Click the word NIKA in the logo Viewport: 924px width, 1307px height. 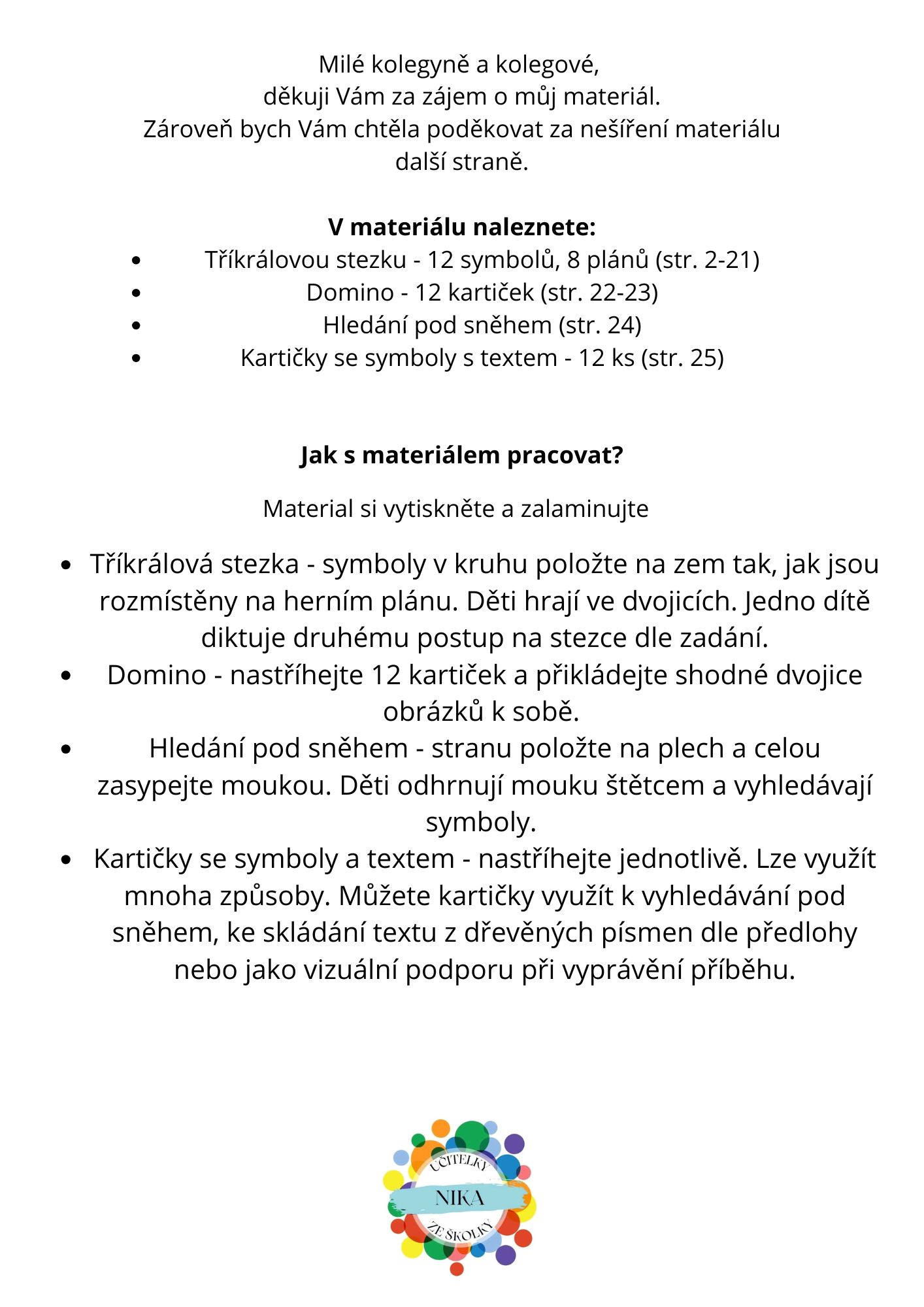[459, 1198]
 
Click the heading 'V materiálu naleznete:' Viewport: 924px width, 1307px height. [461, 227]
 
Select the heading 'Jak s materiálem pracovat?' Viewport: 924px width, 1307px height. [461, 455]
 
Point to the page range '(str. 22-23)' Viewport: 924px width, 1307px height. [599, 293]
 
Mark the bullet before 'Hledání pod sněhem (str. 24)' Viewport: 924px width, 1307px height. [136, 325]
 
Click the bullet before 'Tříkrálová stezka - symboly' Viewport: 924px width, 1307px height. [66, 565]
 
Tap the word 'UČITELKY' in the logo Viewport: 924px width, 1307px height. [459, 1163]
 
